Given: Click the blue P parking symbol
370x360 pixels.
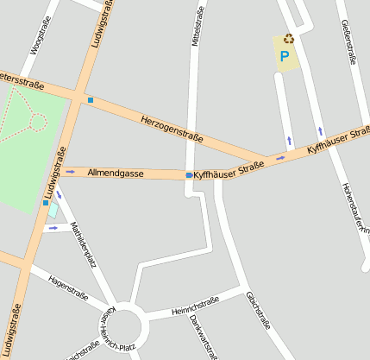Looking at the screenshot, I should pos(284,57).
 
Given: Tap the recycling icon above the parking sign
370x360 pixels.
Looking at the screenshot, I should pos(289,38).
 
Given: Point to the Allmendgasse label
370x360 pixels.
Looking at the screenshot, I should pos(116,173).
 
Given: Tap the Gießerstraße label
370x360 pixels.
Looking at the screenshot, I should pos(348,41).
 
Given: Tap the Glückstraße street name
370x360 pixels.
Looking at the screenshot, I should pos(258,312).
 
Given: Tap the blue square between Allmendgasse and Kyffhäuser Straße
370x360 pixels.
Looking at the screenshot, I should pos(189,175).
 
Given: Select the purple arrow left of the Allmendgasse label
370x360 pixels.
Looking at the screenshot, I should pos(70,171).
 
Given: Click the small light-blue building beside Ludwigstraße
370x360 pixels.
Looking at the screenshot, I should pos(53,210).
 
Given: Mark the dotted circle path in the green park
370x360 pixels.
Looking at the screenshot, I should pos(37,122).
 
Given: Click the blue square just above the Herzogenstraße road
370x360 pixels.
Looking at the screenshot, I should pos(91,101).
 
